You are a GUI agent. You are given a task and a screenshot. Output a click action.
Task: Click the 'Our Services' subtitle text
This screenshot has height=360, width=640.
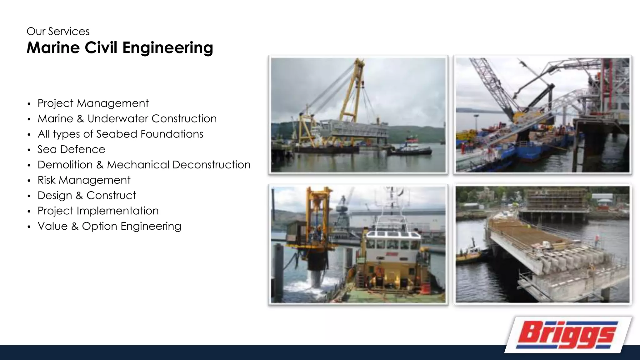click(x=58, y=32)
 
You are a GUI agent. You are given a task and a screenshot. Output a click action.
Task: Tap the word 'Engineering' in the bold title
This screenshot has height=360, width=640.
click(x=167, y=48)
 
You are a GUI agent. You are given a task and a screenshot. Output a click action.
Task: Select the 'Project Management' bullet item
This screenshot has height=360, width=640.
click(x=93, y=103)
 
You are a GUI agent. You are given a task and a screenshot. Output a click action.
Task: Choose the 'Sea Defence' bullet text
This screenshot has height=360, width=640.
click(x=71, y=149)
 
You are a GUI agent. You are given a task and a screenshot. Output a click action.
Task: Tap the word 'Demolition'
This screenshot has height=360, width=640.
click(x=65, y=165)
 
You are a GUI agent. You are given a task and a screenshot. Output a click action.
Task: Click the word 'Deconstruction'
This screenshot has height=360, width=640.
click(x=211, y=165)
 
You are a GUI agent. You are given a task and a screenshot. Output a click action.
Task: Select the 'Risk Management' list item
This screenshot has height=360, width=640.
click(x=84, y=180)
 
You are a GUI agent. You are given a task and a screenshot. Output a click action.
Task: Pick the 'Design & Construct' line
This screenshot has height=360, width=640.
click(x=87, y=195)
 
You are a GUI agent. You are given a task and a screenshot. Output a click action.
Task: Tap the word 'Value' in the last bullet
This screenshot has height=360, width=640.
click(x=52, y=226)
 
